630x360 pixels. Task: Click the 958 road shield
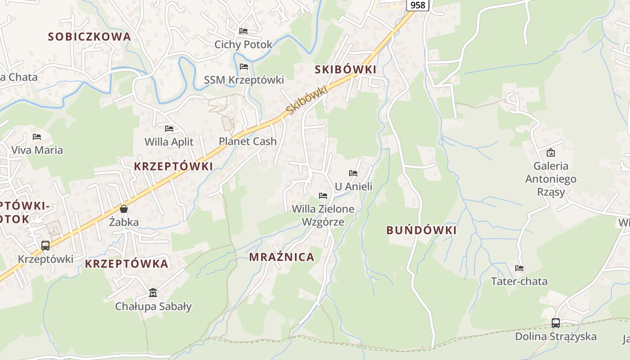[x=418, y=5]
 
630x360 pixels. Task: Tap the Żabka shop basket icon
[x=124, y=209]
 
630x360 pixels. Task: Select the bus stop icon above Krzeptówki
[x=45, y=246]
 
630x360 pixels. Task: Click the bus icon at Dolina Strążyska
[x=556, y=323]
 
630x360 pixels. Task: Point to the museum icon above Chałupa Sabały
[x=153, y=293]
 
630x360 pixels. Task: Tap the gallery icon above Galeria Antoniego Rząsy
[x=550, y=153]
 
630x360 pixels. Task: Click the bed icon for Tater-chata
[x=519, y=268]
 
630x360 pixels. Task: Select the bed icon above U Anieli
[x=353, y=173]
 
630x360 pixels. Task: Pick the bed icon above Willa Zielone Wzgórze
[x=323, y=195]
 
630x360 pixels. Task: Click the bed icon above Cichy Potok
[x=243, y=31]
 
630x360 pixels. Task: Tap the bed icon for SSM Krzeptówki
[x=244, y=67]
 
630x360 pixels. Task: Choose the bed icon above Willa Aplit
[x=169, y=129]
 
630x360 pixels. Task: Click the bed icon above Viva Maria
[x=37, y=136]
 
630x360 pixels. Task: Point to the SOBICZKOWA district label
[x=90, y=37]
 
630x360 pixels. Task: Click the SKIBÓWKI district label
[x=346, y=69]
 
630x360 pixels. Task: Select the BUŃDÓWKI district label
[x=421, y=230]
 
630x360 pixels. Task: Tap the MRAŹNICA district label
[x=282, y=257]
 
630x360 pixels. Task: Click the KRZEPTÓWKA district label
[x=126, y=264]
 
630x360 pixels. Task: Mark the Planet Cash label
[x=247, y=141]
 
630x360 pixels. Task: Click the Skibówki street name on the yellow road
[x=306, y=100]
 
